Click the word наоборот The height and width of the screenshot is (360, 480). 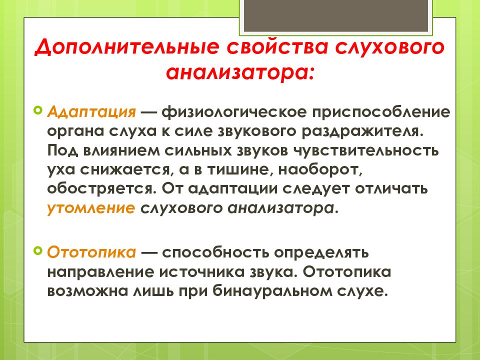[x=325, y=170]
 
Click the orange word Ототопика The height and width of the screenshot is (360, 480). [x=91, y=252]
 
